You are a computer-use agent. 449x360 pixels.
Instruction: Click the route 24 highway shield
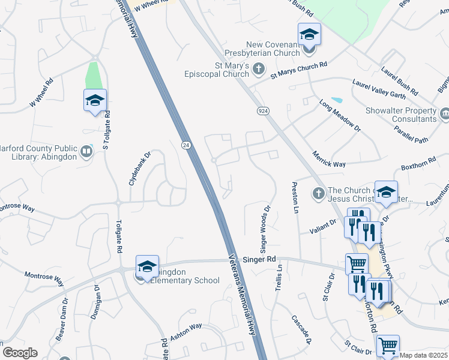(x=185, y=145)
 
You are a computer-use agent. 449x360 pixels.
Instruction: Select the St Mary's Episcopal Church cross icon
(x=259, y=68)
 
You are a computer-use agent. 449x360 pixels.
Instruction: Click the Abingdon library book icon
(x=87, y=152)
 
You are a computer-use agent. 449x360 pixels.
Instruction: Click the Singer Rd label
(x=259, y=259)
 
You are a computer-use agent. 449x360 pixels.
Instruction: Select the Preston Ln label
(x=295, y=197)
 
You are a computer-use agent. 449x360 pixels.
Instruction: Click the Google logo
(x=20, y=353)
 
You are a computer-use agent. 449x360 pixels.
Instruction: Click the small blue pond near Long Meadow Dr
(x=337, y=100)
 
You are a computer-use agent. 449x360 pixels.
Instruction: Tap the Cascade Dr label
(x=301, y=330)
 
